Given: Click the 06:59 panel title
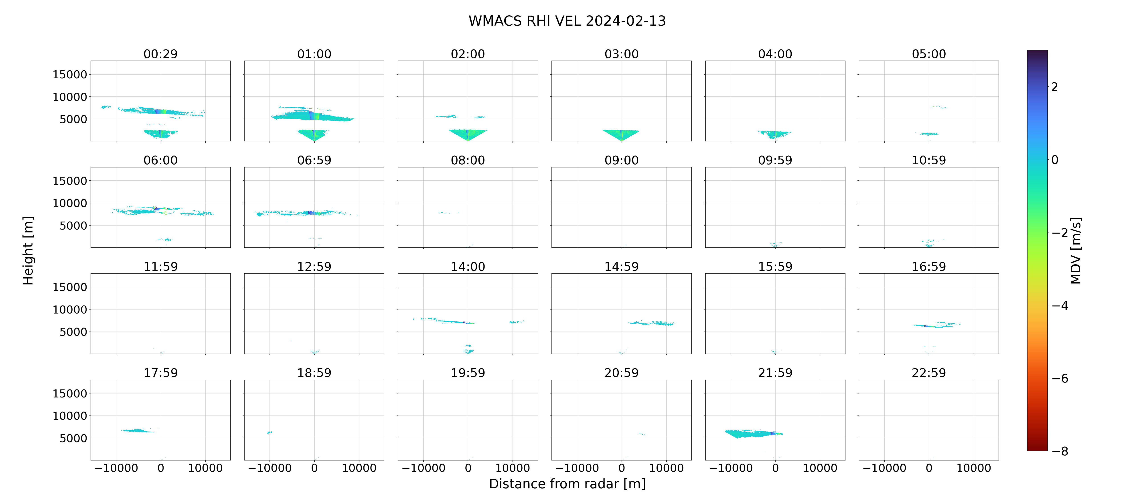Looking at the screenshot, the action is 314,161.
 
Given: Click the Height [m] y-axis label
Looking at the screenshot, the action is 28,251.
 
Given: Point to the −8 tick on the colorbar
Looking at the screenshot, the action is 1060,451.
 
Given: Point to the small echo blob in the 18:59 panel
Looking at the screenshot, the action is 270,433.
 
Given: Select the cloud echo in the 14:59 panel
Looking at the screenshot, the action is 652,323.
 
